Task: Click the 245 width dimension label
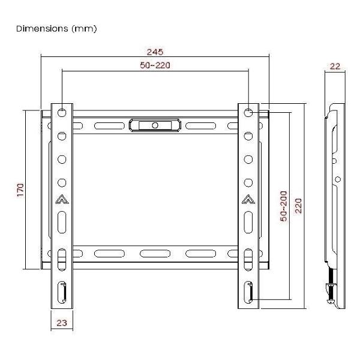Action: (x=155, y=52)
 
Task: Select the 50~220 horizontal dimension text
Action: (x=155, y=65)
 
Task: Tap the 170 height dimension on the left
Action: (x=20, y=190)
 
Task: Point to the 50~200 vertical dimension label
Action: (x=283, y=206)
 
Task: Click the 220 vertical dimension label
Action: (x=298, y=206)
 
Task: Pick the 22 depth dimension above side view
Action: (x=335, y=67)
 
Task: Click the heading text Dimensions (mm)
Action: (x=57, y=28)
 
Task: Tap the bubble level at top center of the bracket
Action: (x=155, y=125)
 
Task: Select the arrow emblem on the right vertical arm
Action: (x=248, y=200)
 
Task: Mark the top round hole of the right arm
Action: (x=248, y=112)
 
